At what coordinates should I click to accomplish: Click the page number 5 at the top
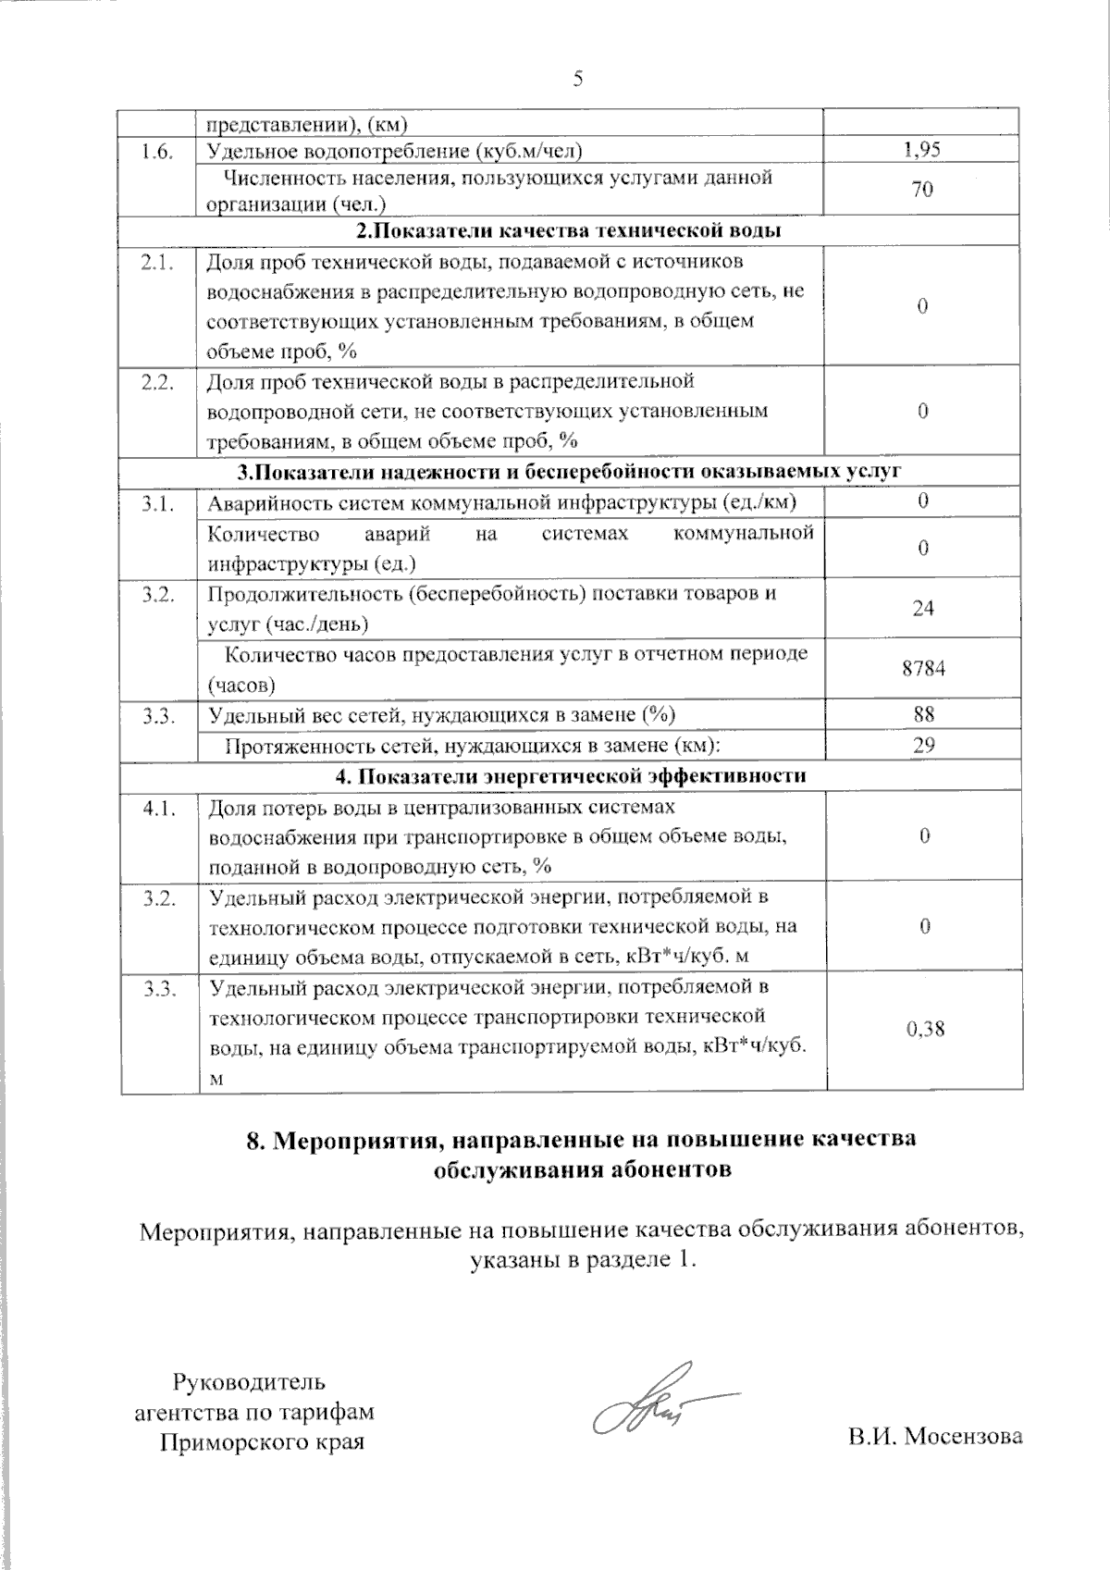coord(578,80)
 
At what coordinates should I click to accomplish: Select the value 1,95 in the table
coord(922,150)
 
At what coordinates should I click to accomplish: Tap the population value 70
coord(922,191)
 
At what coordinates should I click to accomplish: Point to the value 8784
coord(923,669)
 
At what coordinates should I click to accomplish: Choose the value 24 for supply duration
coord(923,609)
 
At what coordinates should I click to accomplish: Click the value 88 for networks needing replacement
coord(923,714)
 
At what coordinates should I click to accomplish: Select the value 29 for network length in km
coord(923,745)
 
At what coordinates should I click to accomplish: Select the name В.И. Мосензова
coord(936,1436)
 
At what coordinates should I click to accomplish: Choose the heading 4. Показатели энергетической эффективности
coord(570,775)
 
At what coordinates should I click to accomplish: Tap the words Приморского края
coord(262,1441)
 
